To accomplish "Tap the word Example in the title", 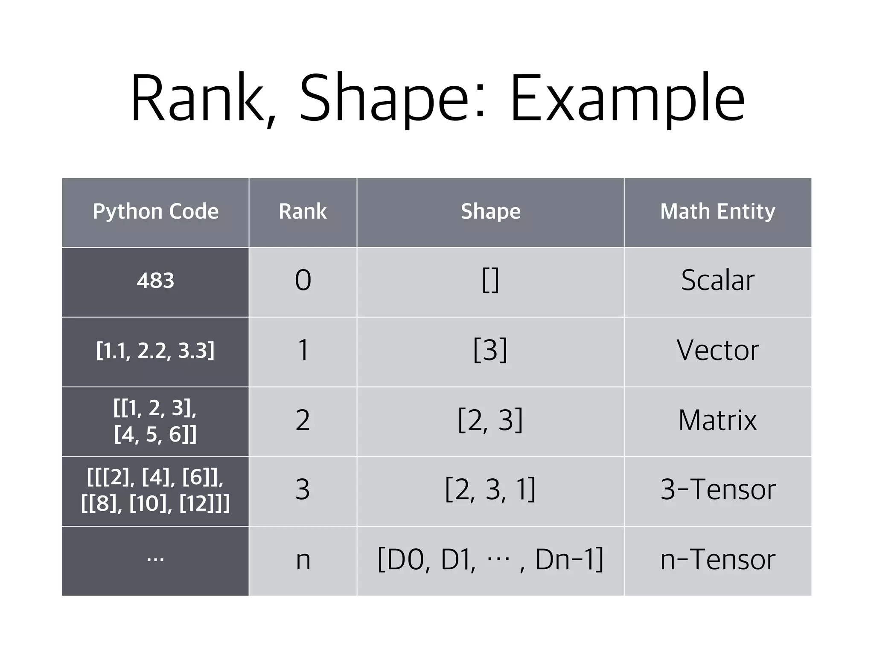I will coord(627,99).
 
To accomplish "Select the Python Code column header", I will coord(155,211).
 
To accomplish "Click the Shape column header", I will coord(490,211).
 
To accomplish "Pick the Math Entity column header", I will coord(717,211).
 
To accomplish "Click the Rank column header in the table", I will coord(303,211).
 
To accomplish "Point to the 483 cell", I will coord(155,281).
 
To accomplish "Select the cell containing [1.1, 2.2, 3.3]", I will coord(155,351).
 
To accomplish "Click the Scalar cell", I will coord(717,281).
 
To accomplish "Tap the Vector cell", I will coord(717,351).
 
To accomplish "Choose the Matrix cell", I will coord(717,420).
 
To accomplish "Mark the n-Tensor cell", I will coord(717,560).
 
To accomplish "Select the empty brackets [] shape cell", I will coord(490,281).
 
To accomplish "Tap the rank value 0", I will coord(303,281).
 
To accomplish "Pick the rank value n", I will coord(303,560).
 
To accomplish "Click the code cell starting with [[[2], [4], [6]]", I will coord(155,490).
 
